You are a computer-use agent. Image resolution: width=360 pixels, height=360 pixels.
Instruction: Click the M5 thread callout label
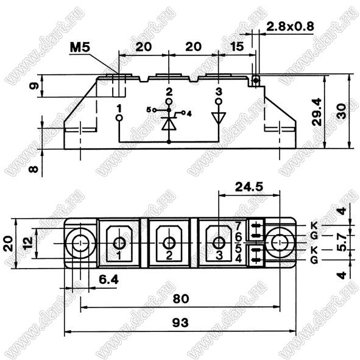coord(80,48)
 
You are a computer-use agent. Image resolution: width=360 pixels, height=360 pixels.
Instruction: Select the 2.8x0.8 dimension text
coord(290,27)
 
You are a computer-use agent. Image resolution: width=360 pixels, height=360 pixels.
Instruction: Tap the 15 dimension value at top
coord(237,47)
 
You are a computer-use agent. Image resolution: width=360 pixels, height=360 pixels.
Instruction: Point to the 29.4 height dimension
coord(317,112)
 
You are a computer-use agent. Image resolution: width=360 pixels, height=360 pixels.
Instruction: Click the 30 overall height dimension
coord(342,111)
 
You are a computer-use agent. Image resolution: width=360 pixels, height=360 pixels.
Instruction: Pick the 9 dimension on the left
coord(34,86)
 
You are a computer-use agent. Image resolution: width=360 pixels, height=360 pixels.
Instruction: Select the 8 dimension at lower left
coord(34,169)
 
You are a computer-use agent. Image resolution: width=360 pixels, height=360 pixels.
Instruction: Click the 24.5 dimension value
coord(249,187)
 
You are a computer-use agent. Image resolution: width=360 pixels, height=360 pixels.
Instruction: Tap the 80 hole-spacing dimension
coord(181,298)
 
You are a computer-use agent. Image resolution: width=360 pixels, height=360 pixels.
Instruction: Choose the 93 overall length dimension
coord(180,323)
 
